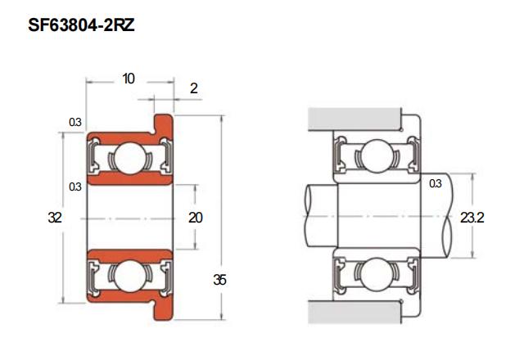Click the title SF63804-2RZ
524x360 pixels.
[81, 25]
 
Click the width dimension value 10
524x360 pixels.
[129, 79]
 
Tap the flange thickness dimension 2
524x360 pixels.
[194, 88]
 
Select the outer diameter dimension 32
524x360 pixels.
[55, 218]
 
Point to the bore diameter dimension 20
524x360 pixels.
[196, 218]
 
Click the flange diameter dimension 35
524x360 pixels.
[220, 280]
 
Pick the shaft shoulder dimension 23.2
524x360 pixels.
[472, 218]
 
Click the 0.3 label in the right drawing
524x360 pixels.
[436, 183]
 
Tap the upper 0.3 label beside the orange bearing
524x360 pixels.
[75, 122]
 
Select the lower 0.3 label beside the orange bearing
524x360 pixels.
[75, 187]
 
